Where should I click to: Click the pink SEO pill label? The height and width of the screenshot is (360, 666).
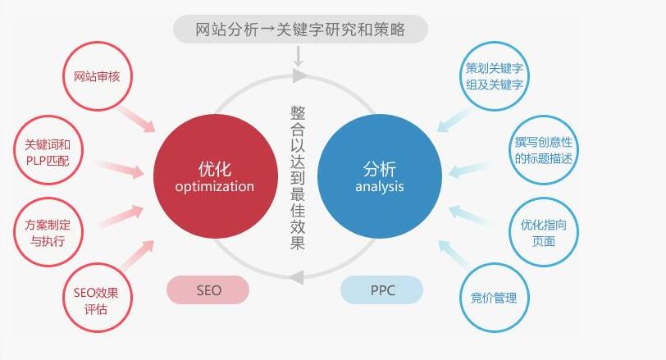click(208, 290)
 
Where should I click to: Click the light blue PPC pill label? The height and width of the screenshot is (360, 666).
click(382, 290)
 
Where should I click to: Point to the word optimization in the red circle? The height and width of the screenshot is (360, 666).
click(215, 187)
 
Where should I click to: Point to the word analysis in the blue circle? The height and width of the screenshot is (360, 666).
click(380, 187)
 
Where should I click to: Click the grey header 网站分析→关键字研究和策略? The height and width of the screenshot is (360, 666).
click(300, 30)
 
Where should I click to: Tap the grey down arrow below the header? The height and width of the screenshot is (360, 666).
click(299, 57)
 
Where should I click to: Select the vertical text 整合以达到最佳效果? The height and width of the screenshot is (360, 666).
click(298, 178)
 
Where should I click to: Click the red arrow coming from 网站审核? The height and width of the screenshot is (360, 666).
click(136, 119)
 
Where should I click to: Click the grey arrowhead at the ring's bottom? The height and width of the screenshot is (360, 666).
click(297, 278)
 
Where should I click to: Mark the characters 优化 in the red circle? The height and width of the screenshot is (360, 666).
click(215, 169)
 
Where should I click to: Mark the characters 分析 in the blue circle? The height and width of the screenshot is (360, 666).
click(380, 169)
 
